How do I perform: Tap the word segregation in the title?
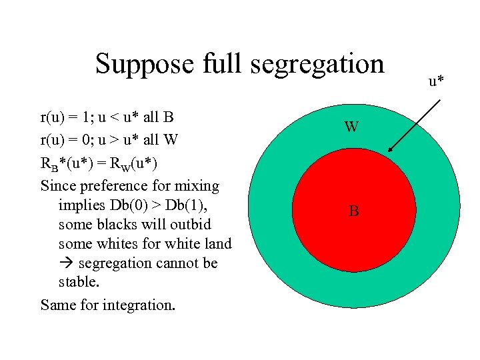click(313, 65)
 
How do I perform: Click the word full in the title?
click(211, 65)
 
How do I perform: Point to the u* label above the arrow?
click(437, 81)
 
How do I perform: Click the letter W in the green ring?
click(352, 127)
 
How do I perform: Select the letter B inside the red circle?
click(353, 212)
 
